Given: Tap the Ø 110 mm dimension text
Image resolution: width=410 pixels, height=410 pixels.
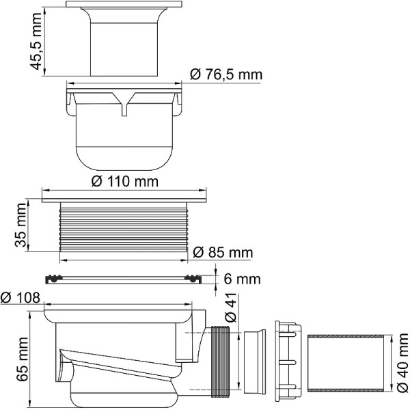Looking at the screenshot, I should pos(125,182).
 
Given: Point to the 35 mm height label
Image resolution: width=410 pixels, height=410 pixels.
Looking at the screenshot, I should pos(21,230).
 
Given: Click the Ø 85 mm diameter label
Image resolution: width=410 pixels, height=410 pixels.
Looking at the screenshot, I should pos(223,253).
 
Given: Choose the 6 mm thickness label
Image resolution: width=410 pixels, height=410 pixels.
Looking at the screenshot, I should pos(243,279).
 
